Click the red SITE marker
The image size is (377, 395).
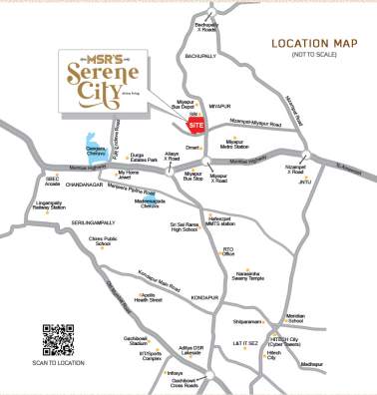click(196, 128)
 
